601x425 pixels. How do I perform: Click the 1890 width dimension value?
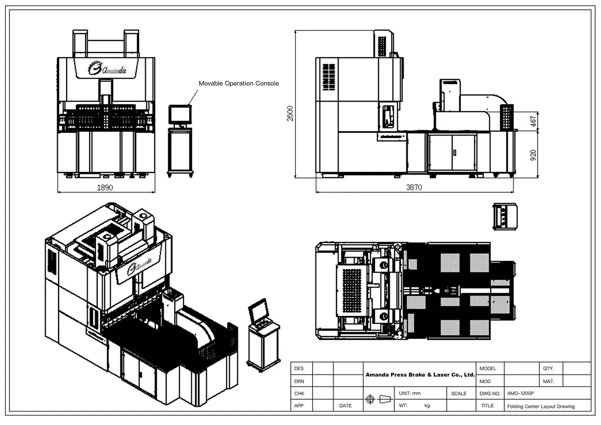[105, 187]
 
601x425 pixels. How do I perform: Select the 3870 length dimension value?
[414, 187]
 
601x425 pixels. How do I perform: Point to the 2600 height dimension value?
[290, 113]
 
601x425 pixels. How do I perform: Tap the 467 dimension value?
[533, 121]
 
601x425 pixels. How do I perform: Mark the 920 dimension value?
[533, 155]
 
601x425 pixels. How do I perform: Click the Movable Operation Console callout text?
[238, 83]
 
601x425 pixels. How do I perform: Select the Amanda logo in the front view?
[107, 68]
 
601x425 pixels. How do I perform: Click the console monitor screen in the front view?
[180, 114]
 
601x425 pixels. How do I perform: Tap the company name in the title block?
[420, 374]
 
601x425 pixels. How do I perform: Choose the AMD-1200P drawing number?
[520, 393]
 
